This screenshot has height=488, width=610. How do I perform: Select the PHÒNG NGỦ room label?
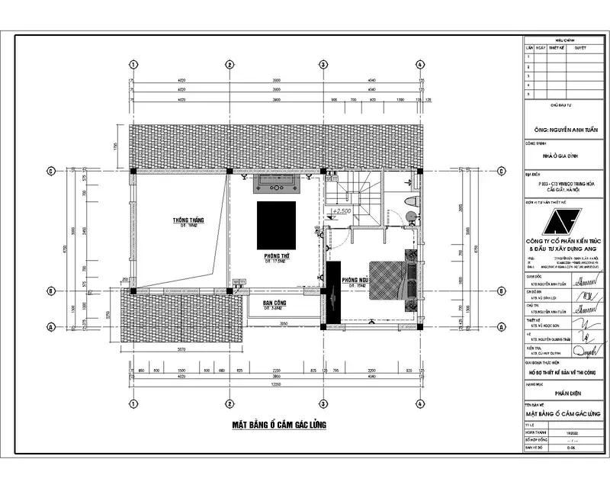tap(355, 280)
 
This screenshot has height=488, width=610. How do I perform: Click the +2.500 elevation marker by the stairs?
tap(340, 210)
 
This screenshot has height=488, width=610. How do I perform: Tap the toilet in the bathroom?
tap(410, 201)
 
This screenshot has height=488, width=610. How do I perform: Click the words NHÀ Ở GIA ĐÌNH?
tap(565, 156)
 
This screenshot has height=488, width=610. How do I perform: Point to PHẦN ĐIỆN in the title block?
tap(565, 393)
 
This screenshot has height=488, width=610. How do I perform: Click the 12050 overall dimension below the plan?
tap(276, 385)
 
